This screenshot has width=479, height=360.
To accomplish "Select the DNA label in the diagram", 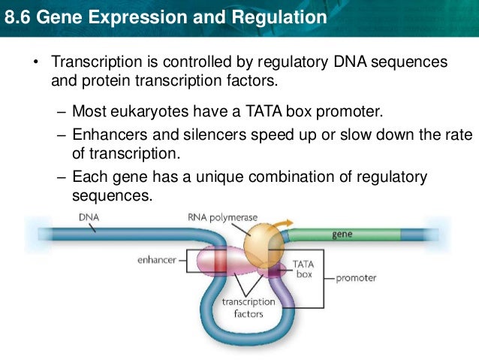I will (88, 216).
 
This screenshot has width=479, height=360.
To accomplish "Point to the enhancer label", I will (156, 260).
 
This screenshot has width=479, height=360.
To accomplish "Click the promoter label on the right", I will (356, 277).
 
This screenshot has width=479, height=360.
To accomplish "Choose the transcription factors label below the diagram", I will (249, 307).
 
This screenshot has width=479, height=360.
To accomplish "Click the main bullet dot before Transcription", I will (35, 61).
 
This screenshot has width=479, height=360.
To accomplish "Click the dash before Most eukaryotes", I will (62, 112).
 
